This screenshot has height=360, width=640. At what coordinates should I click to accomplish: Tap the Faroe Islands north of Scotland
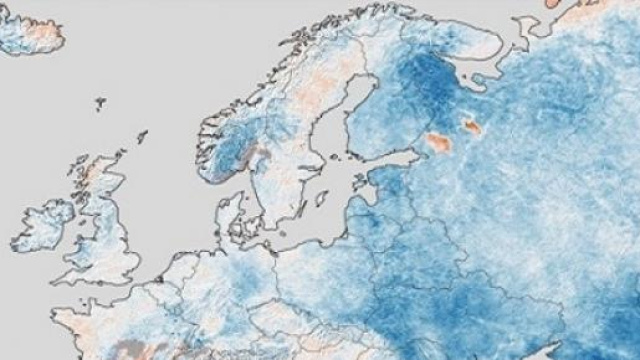[x=101, y=101]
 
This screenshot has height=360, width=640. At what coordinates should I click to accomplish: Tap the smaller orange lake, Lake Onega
[x=471, y=126]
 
